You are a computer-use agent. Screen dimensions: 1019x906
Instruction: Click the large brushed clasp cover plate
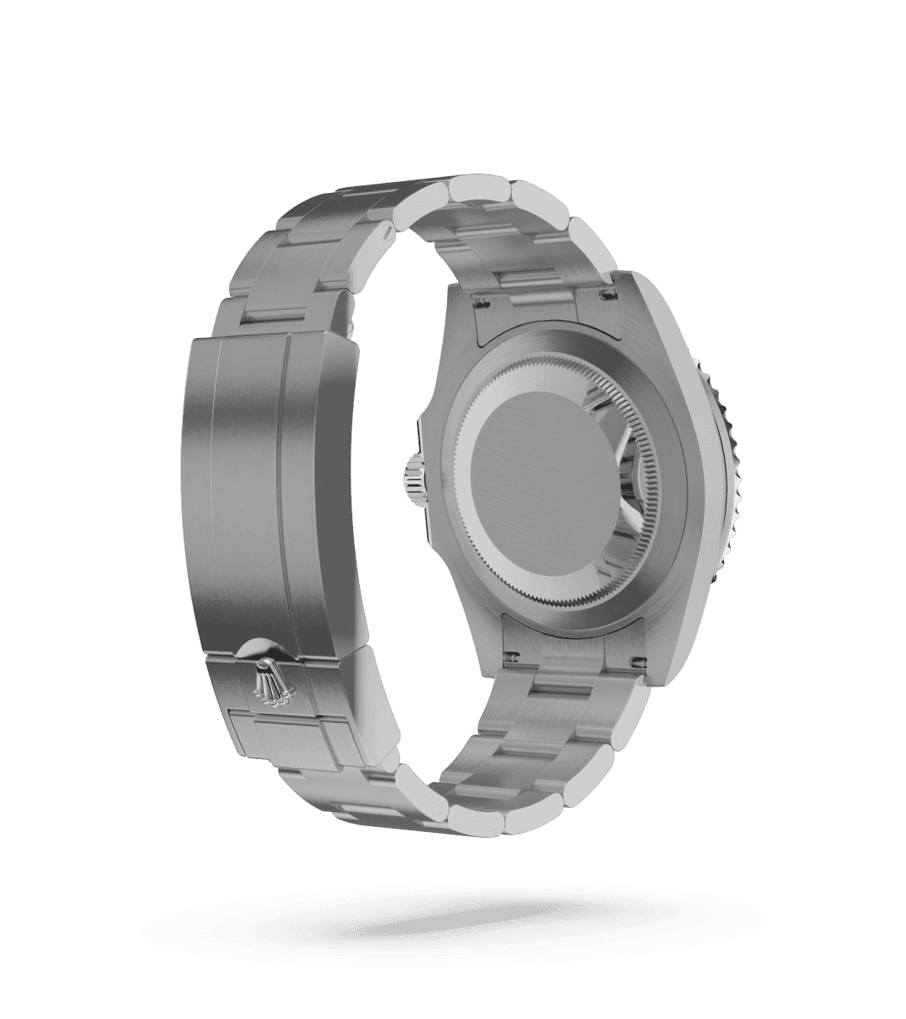pos(252,470)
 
